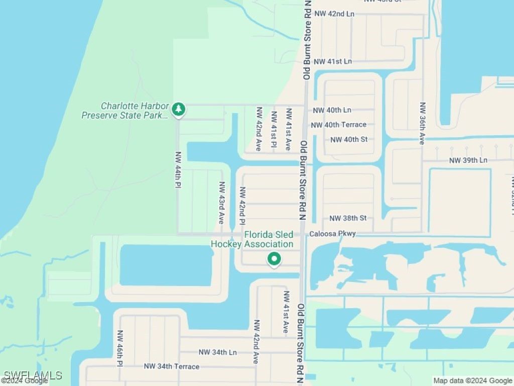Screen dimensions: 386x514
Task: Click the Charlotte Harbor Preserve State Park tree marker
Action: [x=178, y=109]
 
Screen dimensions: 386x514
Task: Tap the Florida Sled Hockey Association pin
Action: [x=274, y=259]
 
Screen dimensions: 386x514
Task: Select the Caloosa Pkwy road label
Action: [x=332, y=234]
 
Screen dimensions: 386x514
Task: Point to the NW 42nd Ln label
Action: [x=334, y=14]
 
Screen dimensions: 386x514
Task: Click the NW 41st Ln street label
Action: [x=332, y=61]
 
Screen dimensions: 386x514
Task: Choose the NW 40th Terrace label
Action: [x=339, y=125]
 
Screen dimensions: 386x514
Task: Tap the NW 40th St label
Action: [x=349, y=139]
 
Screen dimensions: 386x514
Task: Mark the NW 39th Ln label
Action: [x=468, y=160]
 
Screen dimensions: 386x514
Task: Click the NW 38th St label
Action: [x=348, y=218]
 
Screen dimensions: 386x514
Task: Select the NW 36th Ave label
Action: [x=423, y=124]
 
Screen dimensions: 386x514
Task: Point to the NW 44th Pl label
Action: [x=178, y=170]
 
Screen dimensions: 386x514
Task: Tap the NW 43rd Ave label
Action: [x=221, y=203]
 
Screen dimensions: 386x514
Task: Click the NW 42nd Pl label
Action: [x=242, y=206]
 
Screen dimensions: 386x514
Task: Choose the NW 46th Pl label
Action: [x=120, y=348]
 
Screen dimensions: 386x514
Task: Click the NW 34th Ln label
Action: [x=217, y=352]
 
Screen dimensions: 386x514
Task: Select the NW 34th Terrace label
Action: [x=172, y=366]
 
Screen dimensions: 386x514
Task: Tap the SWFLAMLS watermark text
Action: [x=33, y=375]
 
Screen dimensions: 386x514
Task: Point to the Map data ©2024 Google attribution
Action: [x=473, y=381]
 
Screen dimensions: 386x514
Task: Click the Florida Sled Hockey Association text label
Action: [x=252, y=240]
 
